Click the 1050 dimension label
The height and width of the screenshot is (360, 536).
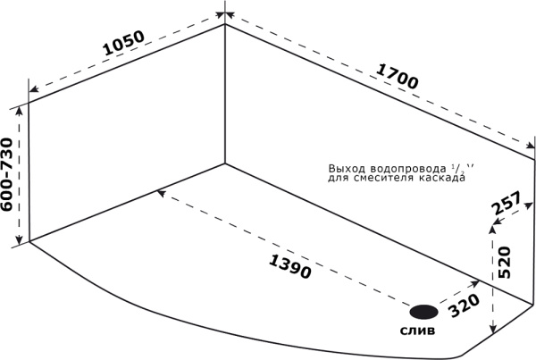(x=123, y=43)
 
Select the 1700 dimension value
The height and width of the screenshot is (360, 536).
(x=397, y=76)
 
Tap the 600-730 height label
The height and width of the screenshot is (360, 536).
(x=7, y=174)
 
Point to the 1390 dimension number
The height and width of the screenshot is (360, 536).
(x=289, y=267)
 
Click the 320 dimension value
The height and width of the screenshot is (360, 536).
(x=464, y=306)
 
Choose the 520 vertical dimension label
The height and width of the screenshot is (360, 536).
(x=505, y=262)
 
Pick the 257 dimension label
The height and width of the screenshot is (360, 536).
(x=507, y=203)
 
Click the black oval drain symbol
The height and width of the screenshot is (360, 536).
(x=423, y=312)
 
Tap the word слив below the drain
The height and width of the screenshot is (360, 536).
(x=418, y=331)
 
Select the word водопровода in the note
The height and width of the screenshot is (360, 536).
(x=408, y=169)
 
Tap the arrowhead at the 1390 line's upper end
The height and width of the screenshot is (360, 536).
(x=161, y=193)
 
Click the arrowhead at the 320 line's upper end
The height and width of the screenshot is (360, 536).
(x=475, y=283)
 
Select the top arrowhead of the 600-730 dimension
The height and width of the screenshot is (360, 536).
(x=20, y=111)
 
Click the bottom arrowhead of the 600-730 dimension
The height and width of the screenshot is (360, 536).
(x=20, y=239)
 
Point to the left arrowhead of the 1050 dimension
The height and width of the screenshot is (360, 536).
(x=34, y=89)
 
